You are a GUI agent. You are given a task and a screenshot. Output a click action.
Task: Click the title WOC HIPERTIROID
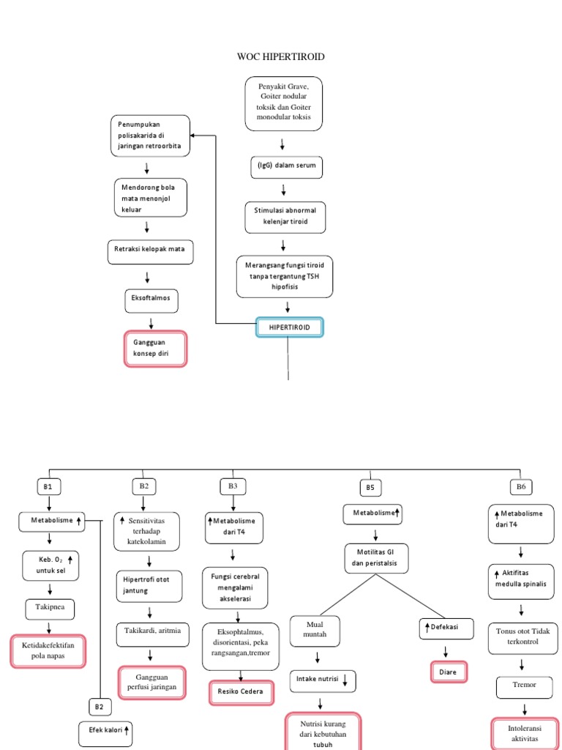[x=281, y=56]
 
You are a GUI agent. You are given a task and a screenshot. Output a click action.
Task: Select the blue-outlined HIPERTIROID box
[x=288, y=327]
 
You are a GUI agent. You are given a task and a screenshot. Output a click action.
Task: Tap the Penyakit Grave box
[x=284, y=104]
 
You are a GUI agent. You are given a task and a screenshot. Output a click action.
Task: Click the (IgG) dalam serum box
[x=283, y=166]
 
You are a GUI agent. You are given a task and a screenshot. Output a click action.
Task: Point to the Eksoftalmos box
[x=151, y=300]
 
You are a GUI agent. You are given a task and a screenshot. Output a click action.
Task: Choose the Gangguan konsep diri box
[x=154, y=349]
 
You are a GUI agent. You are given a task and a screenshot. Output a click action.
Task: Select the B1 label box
[x=49, y=486]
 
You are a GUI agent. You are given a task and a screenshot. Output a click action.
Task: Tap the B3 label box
[x=233, y=486]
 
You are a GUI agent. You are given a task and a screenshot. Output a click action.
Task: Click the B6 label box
[x=521, y=486]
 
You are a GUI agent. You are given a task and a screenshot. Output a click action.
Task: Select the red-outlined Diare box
[x=447, y=672]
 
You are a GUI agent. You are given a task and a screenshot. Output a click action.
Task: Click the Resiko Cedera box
[x=241, y=691]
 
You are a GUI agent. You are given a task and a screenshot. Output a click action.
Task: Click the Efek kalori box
[x=106, y=730]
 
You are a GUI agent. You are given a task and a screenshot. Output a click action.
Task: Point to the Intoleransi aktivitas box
[x=522, y=734]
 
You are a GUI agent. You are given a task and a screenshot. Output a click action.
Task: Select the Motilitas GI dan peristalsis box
[x=376, y=560]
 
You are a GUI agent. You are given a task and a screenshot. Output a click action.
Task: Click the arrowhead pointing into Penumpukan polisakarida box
[x=195, y=135]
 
